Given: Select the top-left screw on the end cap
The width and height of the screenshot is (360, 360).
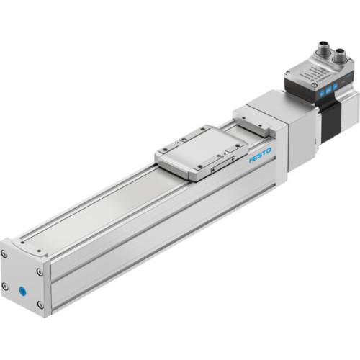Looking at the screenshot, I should (5, 253).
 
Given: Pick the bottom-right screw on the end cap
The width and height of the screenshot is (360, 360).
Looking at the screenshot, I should (40, 304).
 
